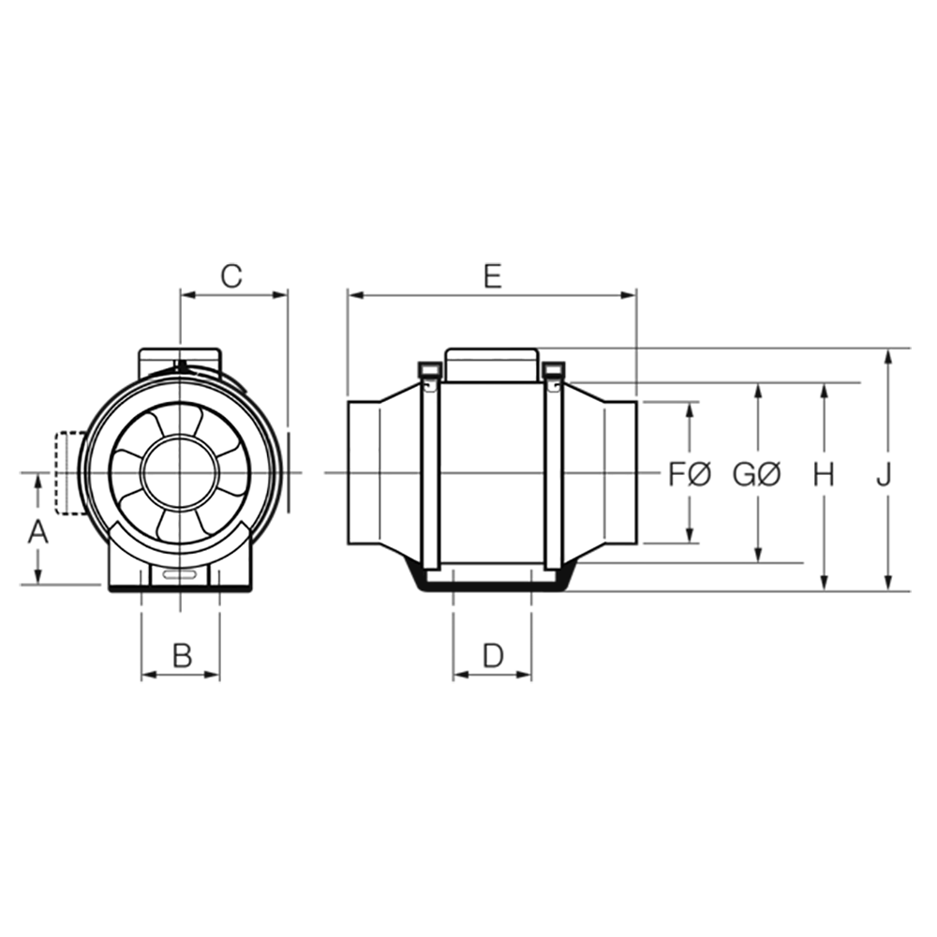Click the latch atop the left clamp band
point(430,384)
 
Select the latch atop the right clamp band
point(552,384)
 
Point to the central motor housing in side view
point(491,473)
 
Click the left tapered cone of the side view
point(400,473)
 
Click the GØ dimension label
point(755,475)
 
